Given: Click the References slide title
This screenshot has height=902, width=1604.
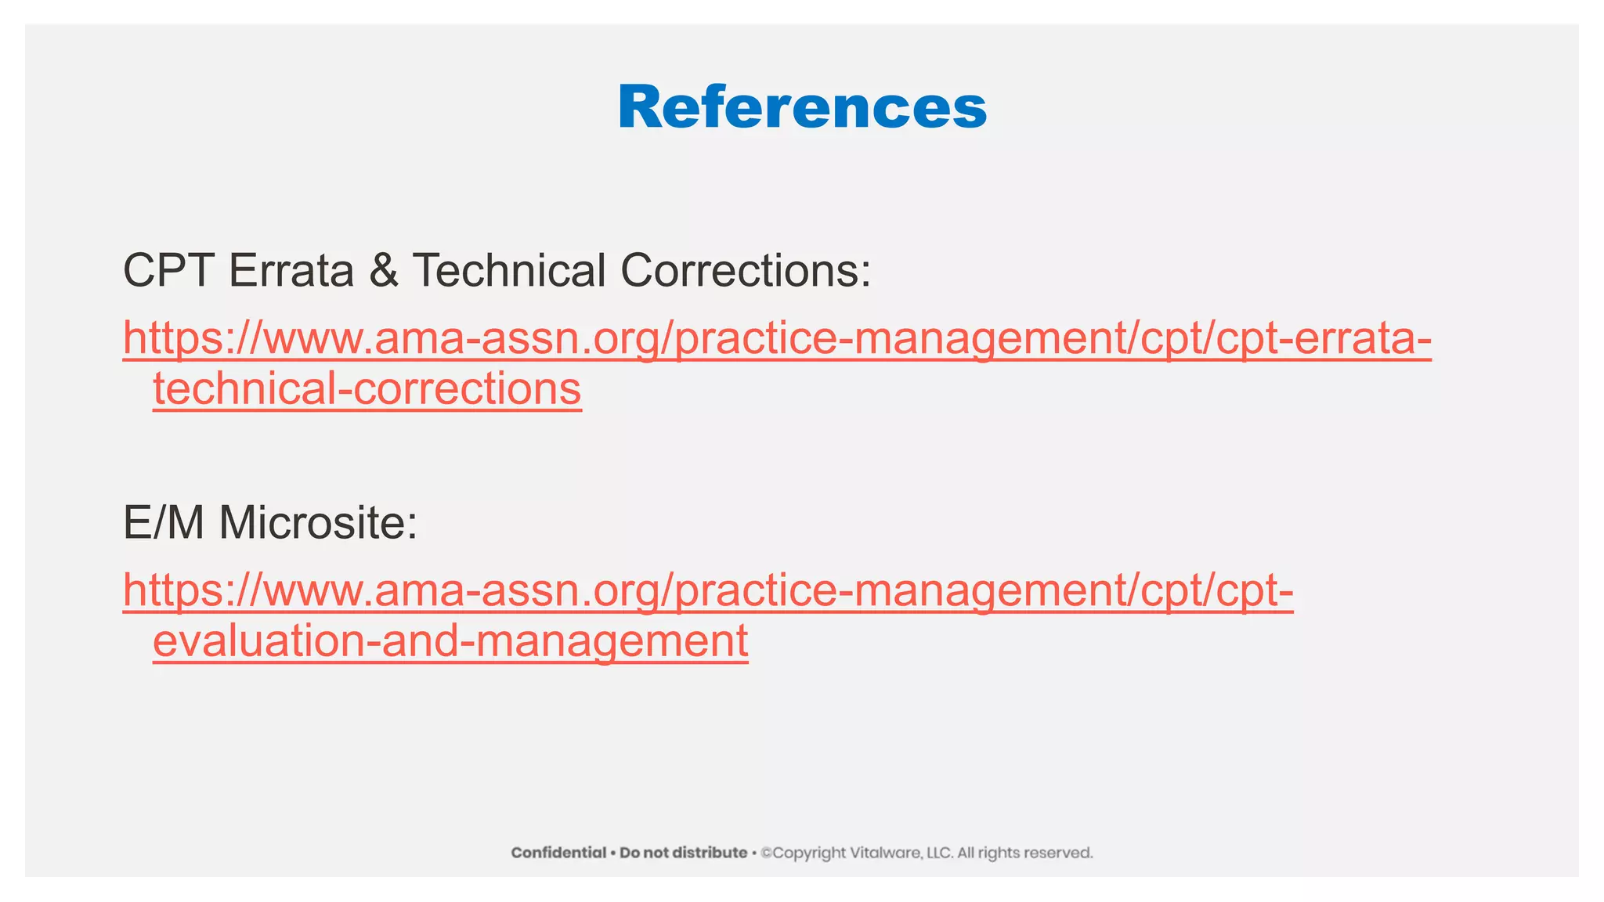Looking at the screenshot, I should tap(802, 107).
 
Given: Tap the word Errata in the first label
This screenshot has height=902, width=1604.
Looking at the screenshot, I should tap(291, 270).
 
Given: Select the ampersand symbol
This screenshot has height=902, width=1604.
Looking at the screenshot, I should tap(383, 270).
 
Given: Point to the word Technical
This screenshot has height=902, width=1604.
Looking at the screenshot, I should tap(509, 270).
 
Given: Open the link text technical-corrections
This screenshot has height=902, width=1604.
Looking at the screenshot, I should tap(367, 389).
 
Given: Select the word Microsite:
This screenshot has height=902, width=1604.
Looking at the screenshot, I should tap(318, 522).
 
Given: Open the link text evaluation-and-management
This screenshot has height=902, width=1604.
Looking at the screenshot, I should tap(450, 641).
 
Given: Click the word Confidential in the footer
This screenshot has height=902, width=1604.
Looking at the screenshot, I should tap(558, 853).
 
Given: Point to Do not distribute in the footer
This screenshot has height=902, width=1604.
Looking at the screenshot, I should tap(683, 853).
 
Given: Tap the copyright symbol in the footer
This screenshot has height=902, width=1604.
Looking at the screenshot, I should tap(766, 853).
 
